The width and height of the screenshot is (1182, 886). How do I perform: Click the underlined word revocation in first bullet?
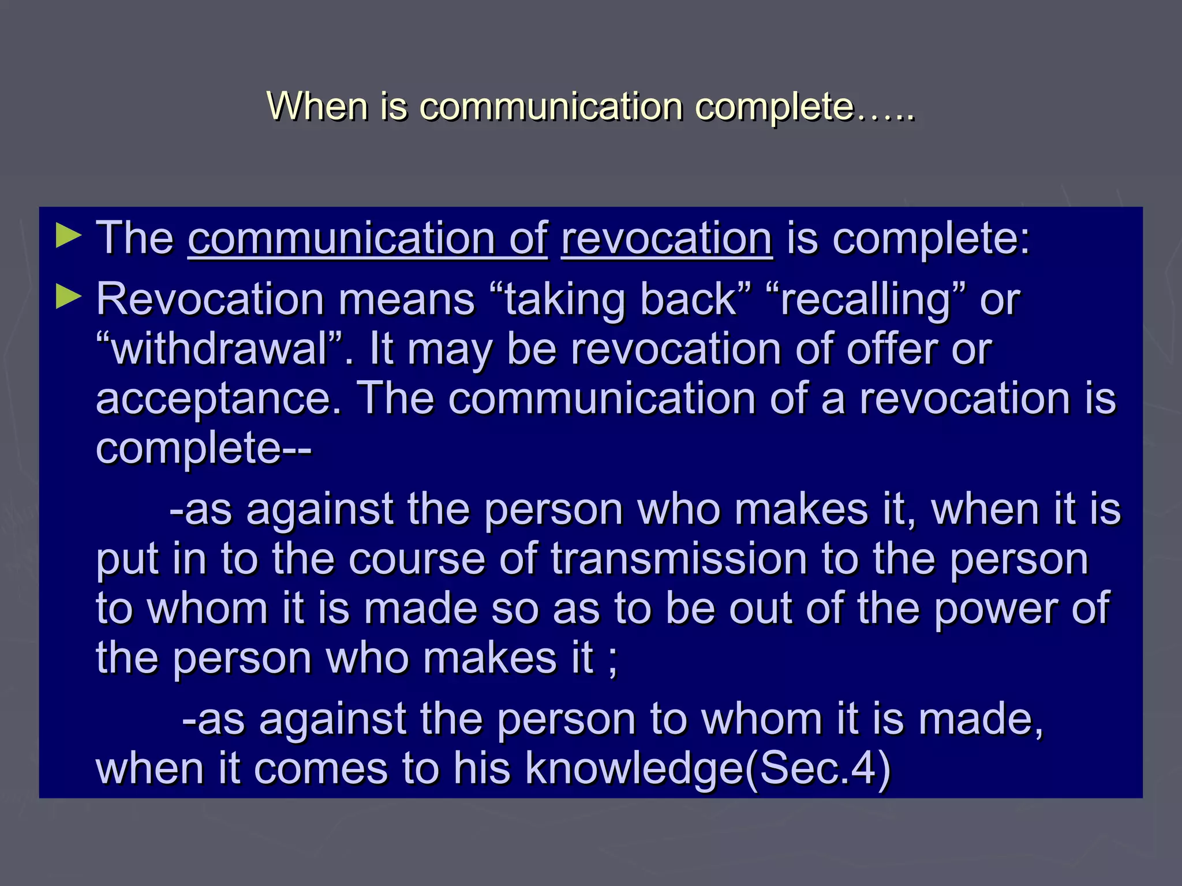point(667,238)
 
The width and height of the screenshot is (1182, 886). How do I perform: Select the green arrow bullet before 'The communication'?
point(69,237)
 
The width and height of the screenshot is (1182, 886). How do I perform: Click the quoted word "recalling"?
point(866,299)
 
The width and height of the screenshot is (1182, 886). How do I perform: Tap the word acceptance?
point(219,400)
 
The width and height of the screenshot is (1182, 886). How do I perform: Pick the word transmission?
point(679,559)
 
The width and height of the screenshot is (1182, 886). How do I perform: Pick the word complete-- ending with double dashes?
point(203,449)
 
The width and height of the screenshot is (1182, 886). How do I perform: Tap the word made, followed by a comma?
point(981,719)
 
